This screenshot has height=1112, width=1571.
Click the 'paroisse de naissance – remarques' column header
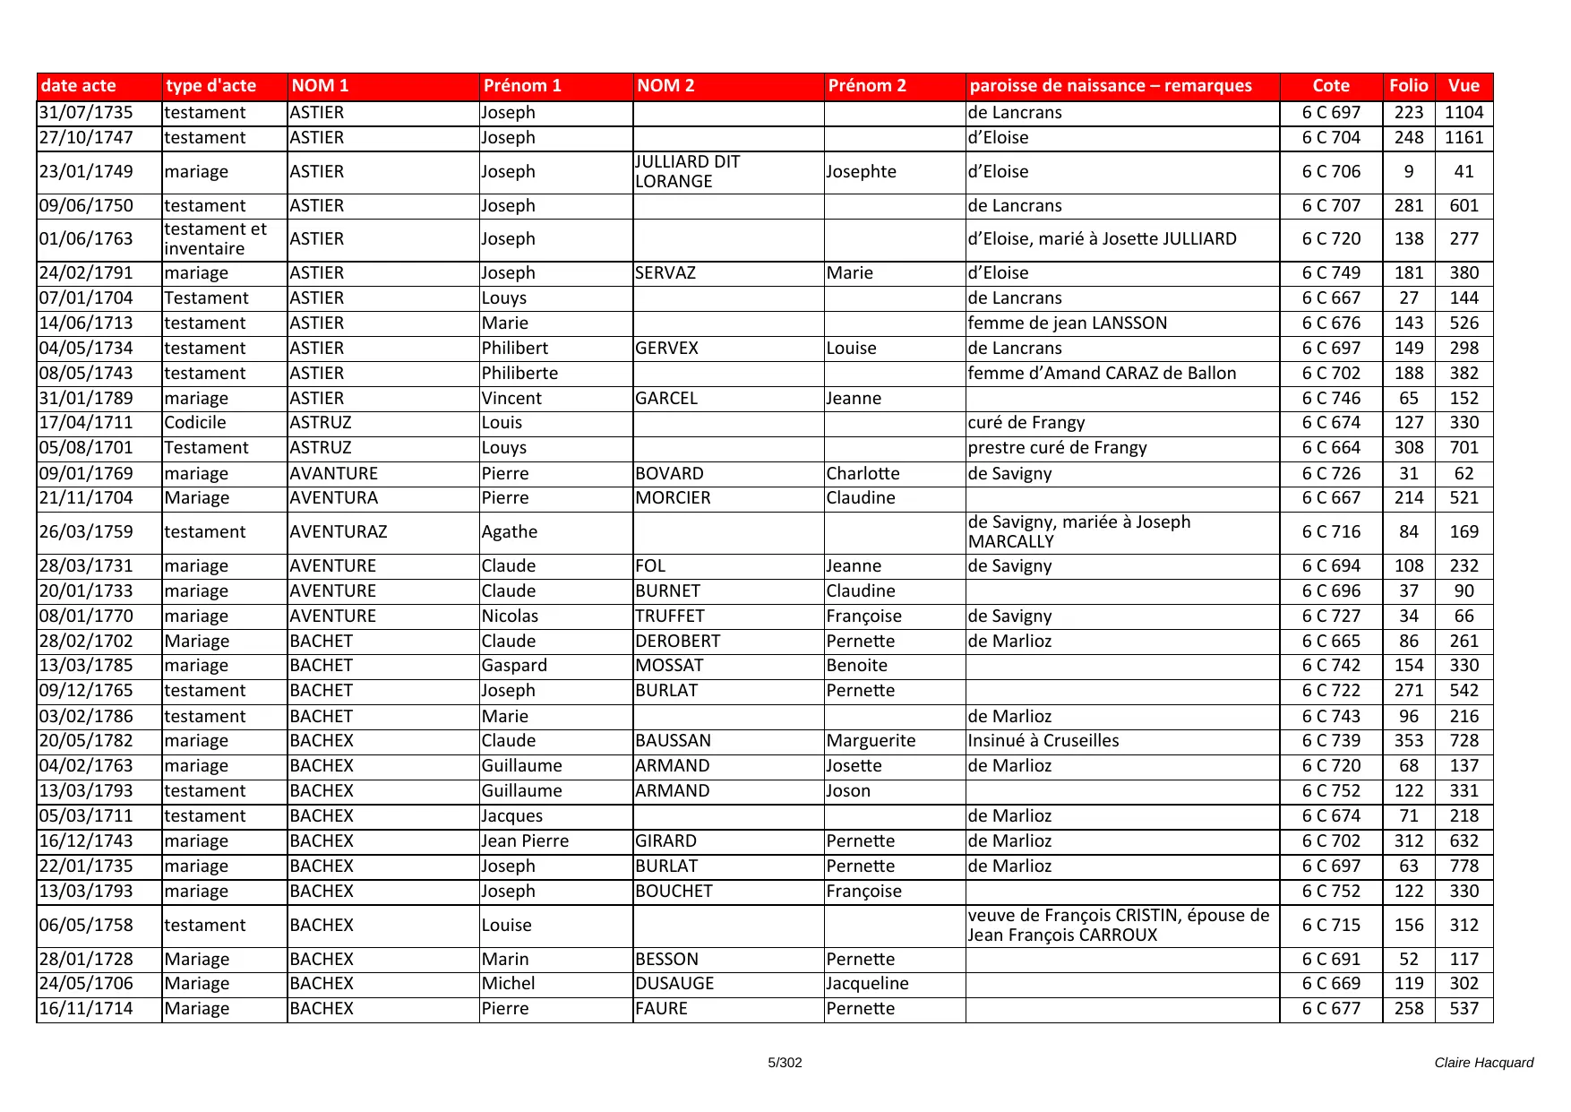1111,86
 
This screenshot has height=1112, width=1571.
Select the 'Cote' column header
1331,86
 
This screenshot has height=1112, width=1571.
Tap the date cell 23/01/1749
86,172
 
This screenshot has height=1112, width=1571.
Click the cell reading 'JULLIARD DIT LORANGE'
687,172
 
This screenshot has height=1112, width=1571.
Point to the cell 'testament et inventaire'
216,239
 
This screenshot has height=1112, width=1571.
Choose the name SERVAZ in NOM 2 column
665,273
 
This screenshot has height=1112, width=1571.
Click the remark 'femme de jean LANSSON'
1068,323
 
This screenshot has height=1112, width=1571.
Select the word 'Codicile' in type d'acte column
195,423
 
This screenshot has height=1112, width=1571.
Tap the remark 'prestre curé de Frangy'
1057,448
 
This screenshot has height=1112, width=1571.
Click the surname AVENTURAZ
339,532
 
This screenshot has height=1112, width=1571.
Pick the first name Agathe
510,532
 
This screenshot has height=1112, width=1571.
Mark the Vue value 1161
1464,138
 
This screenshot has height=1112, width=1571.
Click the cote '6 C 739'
1331,741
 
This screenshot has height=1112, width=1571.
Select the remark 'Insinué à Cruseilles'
1043,741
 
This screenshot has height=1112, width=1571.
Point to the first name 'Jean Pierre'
525,841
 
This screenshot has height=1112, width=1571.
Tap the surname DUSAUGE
674,984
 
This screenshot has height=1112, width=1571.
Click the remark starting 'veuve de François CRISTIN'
1119,926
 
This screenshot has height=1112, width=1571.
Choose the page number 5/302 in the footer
785,1063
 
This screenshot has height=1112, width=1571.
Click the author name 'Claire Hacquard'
1483,1063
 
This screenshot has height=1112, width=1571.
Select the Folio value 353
1408,741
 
